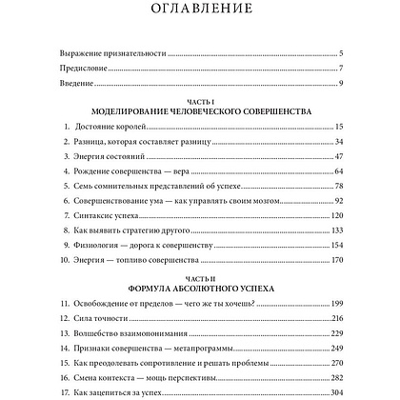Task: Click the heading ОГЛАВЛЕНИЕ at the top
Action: click(199, 12)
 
